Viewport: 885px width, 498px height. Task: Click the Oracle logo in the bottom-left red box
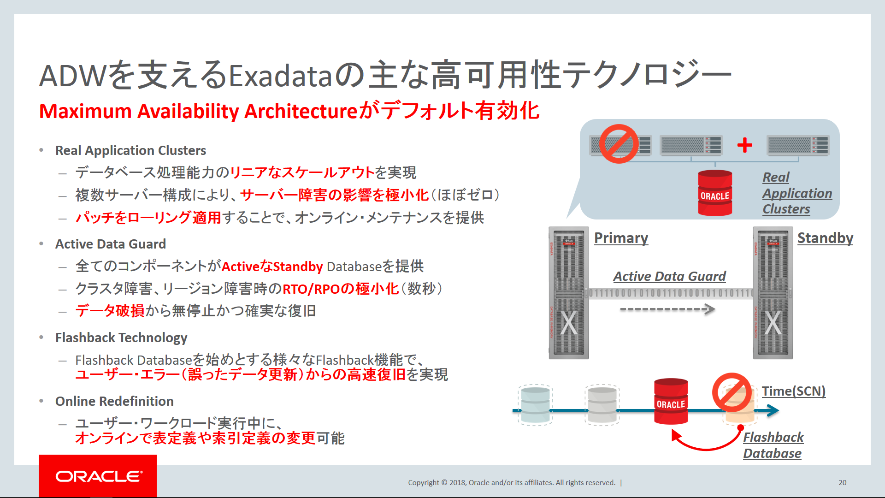(x=99, y=476)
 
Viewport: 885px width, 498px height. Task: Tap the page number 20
(x=842, y=482)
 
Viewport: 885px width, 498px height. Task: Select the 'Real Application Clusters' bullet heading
(x=130, y=150)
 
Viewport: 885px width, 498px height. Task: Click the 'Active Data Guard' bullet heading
(x=111, y=244)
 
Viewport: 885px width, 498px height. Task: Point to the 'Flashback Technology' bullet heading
(x=121, y=338)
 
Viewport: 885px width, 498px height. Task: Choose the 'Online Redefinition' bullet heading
(x=114, y=401)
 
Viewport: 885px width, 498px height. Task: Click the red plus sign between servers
(x=744, y=145)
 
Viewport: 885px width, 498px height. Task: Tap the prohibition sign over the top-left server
(x=619, y=143)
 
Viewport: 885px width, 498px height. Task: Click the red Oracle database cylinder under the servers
(x=715, y=193)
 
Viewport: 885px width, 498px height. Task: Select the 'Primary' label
(x=621, y=238)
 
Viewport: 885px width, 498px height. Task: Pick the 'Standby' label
(x=825, y=238)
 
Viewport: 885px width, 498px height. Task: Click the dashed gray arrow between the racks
(x=667, y=309)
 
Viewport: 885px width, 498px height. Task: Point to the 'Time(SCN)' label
(x=793, y=391)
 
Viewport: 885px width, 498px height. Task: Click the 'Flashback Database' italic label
(x=773, y=445)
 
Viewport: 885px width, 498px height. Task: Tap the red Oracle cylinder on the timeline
(x=671, y=401)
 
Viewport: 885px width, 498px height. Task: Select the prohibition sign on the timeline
(x=732, y=392)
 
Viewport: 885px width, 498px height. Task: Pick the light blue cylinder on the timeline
(x=535, y=405)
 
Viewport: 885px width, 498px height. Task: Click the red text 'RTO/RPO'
(x=311, y=289)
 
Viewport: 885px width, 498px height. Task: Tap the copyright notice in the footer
(x=512, y=482)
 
